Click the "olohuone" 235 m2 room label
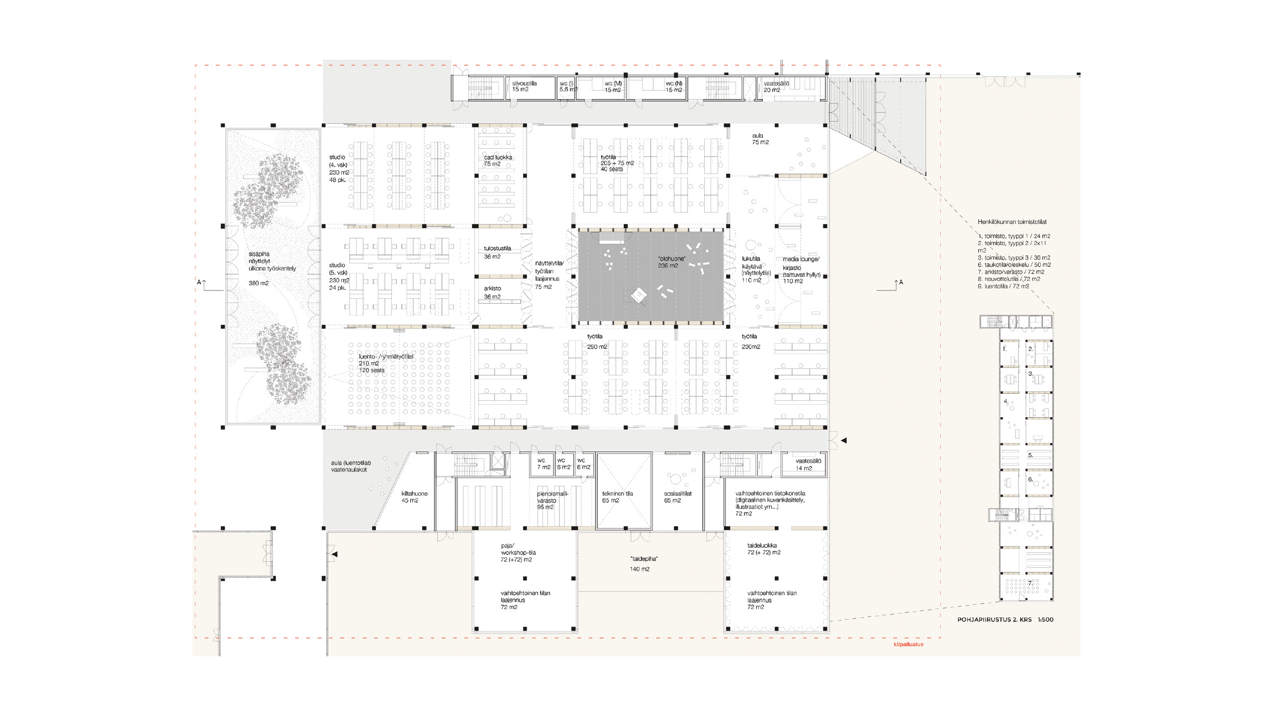point(671,262)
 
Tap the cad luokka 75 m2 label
point(498,161)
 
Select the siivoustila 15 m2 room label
point(524,87)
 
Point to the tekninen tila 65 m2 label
point(617,497)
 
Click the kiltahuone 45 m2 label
point(414,497)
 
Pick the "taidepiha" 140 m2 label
point(643,564)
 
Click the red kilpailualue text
point(908,644)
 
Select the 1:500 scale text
point(1045,620)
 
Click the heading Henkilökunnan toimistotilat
point(1012,222)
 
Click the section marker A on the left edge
point(199,282)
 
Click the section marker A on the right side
point(901,282)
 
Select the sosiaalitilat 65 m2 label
point(677,497)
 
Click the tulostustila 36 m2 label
point(497,252)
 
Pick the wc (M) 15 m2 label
point(613,87)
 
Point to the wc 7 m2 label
point(543,464)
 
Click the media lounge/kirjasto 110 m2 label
point(801,270)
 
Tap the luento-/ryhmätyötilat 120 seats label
point(385,363)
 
